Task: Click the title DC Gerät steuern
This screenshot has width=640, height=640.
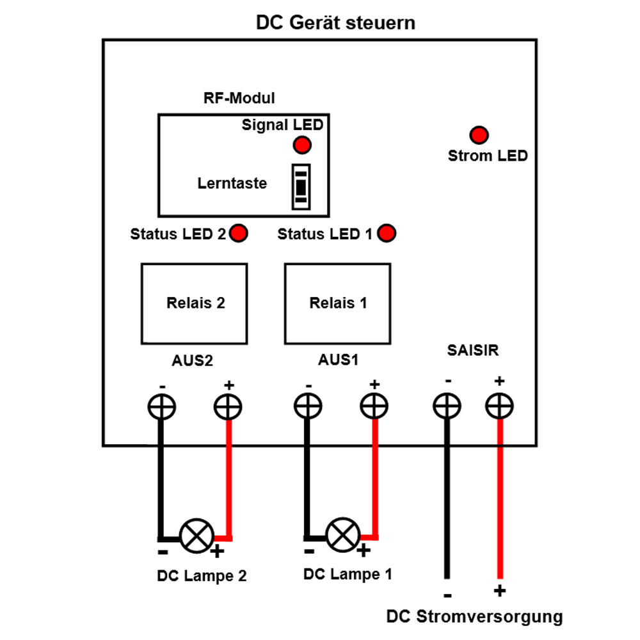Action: point(335,23)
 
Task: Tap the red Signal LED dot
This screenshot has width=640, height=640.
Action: point(302,145)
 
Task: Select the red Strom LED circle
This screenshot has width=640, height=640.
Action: point(479,135)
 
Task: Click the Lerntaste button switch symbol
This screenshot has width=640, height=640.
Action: point(301,186)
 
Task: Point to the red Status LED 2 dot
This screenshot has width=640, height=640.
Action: point(239,234)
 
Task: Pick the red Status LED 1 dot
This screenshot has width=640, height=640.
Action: point(387,234)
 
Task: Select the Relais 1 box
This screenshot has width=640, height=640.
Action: point(338,303)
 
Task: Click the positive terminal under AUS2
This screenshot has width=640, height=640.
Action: point(227,406)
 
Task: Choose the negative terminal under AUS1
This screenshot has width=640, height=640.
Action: point(308,406)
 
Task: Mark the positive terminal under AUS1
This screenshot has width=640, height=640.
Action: point(374,406)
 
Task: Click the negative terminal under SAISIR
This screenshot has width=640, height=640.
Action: point(447,406)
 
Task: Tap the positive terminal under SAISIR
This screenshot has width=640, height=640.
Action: point(499,406)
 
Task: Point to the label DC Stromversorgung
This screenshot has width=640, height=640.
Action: point(474,617)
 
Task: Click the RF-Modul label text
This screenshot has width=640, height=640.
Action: point(239,99)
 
